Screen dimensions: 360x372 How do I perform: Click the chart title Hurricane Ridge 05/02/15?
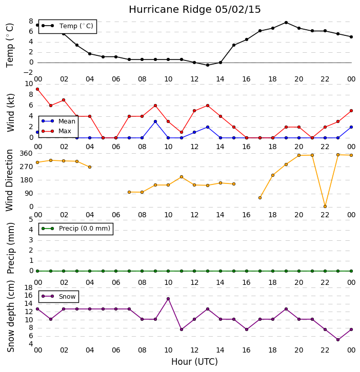(x=195, y=10)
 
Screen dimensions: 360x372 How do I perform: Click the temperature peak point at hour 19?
(x=286, y=23)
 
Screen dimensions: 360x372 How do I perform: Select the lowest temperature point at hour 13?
(x=208, y=65)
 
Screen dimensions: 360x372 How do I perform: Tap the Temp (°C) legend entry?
(x=68, y=26)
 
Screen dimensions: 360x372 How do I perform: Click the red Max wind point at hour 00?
(x=37, y=89)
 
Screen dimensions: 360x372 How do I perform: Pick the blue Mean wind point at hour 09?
(x=155, y=121)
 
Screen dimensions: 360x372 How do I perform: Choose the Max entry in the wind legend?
(x=56, y=131)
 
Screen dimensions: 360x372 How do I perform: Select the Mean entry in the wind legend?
(x=58, y=121)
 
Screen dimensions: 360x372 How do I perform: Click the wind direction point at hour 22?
(x=325, y=206)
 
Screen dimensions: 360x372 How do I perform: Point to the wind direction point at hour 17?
(x=260, y=198)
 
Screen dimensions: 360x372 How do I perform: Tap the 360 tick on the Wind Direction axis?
(x=26, y=154)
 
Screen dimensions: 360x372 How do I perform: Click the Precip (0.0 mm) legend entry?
(x=76, y=229)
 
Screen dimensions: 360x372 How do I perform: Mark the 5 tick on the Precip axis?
(x=31, y=219)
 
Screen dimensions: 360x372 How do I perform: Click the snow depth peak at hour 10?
(x=168, y=299)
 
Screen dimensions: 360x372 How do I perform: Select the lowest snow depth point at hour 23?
(x=338, y=340)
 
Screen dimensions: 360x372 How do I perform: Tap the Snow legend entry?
(x=58, y=296)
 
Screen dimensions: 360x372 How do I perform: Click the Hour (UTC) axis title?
(x=194, y=362)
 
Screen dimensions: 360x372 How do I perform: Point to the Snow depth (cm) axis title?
(x=11, y=317)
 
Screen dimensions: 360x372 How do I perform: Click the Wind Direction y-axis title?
(x=9, y=180)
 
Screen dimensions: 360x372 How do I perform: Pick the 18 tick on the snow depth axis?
(x=29, y=288)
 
